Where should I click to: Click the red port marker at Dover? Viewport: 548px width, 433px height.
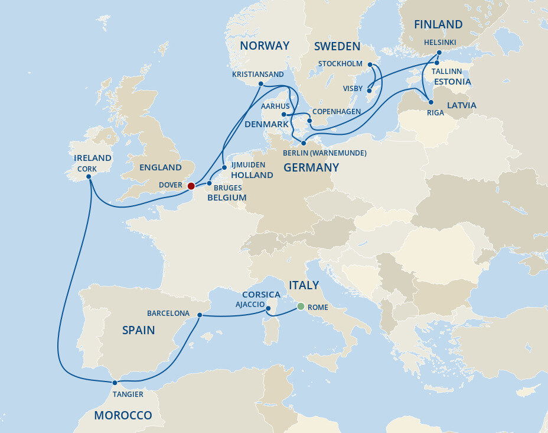coord(191,186)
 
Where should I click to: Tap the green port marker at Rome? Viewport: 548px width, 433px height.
coord(301,306)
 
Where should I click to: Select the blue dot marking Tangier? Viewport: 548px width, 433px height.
coord(115,383)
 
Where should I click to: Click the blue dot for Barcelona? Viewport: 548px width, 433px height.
coord(200,315)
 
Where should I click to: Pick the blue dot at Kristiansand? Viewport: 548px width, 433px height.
coord(260,84)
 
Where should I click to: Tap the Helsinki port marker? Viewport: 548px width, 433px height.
coord(439,52)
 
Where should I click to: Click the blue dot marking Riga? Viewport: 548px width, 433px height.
coord(430,102)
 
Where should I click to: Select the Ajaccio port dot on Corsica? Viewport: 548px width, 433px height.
coord(267,308)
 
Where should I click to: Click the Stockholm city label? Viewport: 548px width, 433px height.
coord(340,64)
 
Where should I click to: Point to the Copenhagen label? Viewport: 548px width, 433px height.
coord(337,111)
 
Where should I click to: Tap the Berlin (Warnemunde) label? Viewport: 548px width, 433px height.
coord(325,153)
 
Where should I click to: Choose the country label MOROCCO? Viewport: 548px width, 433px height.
coord(123,415)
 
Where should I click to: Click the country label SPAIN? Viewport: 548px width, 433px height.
coord(138,330)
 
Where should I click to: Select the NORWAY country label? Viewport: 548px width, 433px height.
coord(265,46)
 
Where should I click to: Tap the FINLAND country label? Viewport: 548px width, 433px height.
coord(438,24)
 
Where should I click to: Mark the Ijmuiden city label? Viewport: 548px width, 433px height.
coord(248,164)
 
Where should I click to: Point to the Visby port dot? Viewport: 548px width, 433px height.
coord(368,91)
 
